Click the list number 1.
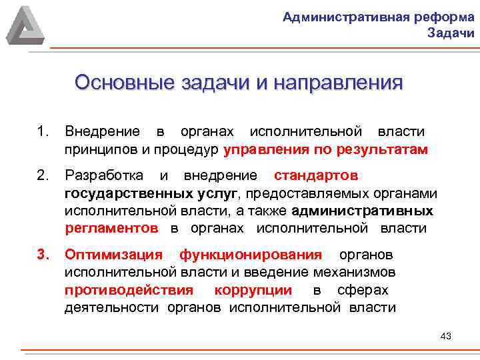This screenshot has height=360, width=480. [45, 132]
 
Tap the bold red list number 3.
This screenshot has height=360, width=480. [45, 255]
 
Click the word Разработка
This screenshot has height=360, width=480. [103, 176]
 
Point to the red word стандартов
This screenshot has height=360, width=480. [316, 176]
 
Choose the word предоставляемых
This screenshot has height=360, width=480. [306, 193]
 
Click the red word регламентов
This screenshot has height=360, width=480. [111, 228]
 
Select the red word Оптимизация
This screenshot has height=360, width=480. [113, 255]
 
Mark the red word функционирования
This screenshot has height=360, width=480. [251, 255]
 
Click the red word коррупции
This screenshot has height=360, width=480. [253, 290]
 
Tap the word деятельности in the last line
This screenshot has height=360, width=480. [111, 307]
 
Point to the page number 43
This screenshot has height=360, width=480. [446, 336]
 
